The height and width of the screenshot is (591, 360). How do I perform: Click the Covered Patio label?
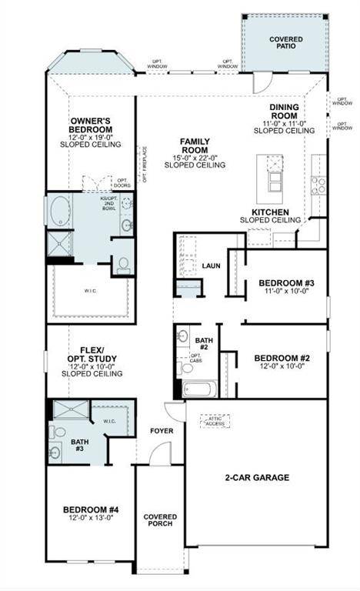tap(286, 43)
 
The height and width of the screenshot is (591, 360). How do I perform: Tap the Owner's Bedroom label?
tap(92, 125)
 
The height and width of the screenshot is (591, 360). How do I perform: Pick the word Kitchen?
tap(271, 212)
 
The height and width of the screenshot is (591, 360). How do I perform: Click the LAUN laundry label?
tap(211, 265)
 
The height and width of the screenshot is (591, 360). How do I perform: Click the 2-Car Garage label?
tap(257, 477)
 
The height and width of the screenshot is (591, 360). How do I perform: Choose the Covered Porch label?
tap(160, 521)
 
